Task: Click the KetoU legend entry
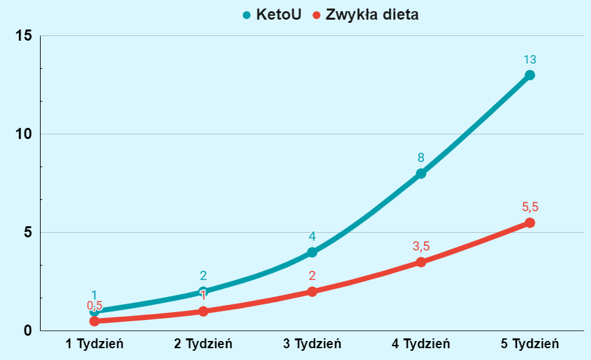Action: [272, 14]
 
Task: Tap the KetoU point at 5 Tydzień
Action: [530, 75]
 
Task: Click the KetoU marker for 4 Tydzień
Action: [421, 173]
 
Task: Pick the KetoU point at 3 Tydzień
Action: [312, 252]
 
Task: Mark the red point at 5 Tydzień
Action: [530, 223]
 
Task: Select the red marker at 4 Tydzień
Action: [421, 262]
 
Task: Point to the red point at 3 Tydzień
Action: [312, 291]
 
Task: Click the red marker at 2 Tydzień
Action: [203, 311]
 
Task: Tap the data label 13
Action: [530, 60]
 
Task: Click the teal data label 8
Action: [421, 158]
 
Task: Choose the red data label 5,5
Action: [530, 207]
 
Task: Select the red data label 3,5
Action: [421, 247]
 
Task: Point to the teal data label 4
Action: [312, 237]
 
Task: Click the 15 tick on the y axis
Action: [24, 35]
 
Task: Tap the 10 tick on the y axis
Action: [24, 134]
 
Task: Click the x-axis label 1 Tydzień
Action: [94, 344]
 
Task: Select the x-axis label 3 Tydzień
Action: [312, 344]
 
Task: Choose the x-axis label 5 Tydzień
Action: [530, 344]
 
